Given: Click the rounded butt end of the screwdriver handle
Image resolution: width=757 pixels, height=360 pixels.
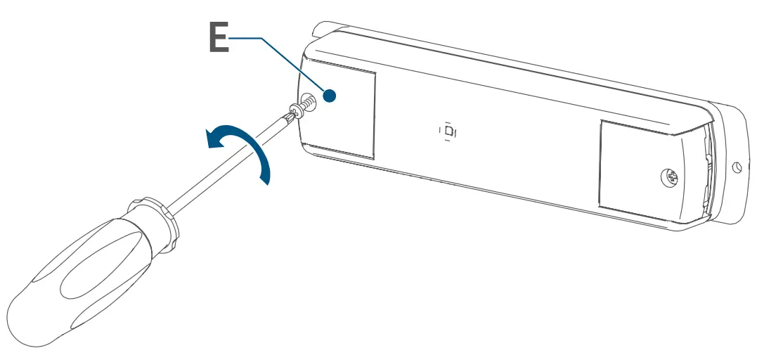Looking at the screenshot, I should pyautogui.click(x=28, y=316).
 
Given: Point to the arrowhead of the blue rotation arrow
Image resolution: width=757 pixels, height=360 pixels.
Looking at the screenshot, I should pyautogui.click(x=210, y=140).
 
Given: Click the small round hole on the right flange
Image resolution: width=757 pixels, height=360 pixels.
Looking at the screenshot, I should pyautogui.click(x=736, y=167).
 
